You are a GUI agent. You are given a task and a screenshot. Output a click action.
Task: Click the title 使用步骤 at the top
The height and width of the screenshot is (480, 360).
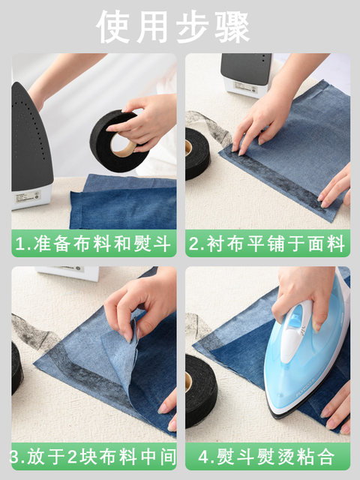click(x=173, y=27)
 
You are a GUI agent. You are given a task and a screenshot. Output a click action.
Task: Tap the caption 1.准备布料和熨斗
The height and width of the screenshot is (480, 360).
click(x=93, y=244)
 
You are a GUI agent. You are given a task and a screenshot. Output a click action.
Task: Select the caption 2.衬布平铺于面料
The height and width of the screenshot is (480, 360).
click(x=267, y=244)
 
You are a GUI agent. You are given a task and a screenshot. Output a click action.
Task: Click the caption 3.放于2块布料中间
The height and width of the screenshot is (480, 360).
click(x=93, y=457)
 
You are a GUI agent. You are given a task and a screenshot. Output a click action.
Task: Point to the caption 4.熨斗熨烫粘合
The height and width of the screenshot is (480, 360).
click(x=267, y=457)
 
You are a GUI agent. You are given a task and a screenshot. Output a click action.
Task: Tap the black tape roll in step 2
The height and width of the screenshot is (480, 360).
click(x=197, y=154)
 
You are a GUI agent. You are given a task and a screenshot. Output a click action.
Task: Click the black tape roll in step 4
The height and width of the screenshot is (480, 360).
click(x=201, y=391)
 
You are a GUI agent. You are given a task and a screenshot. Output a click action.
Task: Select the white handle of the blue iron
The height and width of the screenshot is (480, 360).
click(x=295, y=331)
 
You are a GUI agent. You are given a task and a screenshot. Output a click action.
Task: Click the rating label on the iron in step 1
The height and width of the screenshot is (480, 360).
click(x=28, y=196)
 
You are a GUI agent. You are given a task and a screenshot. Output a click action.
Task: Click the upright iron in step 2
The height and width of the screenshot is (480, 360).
click(x=247, y=75)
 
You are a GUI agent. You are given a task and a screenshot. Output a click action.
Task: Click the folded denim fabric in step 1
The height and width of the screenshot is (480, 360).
click(x=123, y=202)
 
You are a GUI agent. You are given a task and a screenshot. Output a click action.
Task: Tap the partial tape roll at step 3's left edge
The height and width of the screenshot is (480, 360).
click(x=16, y=368)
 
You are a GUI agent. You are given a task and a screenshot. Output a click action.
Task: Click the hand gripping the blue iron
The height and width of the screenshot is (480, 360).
click(x=303, y=294)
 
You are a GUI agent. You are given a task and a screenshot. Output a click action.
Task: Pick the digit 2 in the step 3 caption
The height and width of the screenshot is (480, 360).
click(x=72, y=457)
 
